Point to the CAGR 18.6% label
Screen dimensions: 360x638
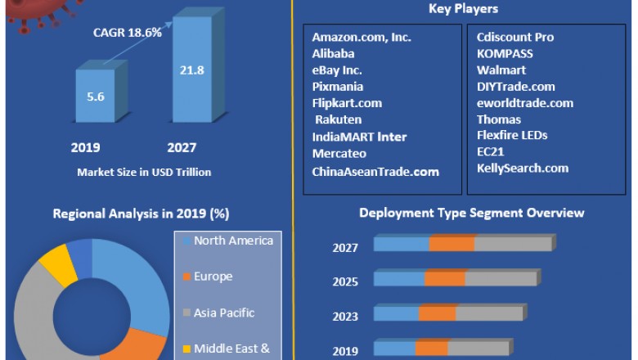(x=126, y=33)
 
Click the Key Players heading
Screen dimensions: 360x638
(x=463, y=9)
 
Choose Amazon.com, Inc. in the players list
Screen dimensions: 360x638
(x=362, y=37)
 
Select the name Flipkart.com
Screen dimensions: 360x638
(x=347, y=103)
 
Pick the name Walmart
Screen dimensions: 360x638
(x=501, y=70)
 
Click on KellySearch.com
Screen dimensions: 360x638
(x=522, y=168)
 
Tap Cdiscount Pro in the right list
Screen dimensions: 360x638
(x=515, y=37)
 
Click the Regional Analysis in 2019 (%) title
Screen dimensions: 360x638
(x=141, y=214)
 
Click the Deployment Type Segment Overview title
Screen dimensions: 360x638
(x=472, y=213)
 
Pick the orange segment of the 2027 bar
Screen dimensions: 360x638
(x=452, y=244)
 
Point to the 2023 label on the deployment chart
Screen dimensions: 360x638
(x=345, y=317)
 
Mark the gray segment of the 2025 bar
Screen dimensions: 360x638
(x=501, y=278)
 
